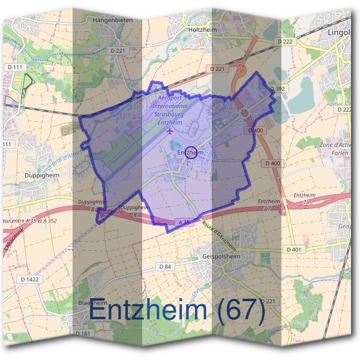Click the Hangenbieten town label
[x=113, y=20]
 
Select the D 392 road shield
[x=277, y=88]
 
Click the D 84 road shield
[x=166, y=266]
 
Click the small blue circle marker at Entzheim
[x=190, y=152]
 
